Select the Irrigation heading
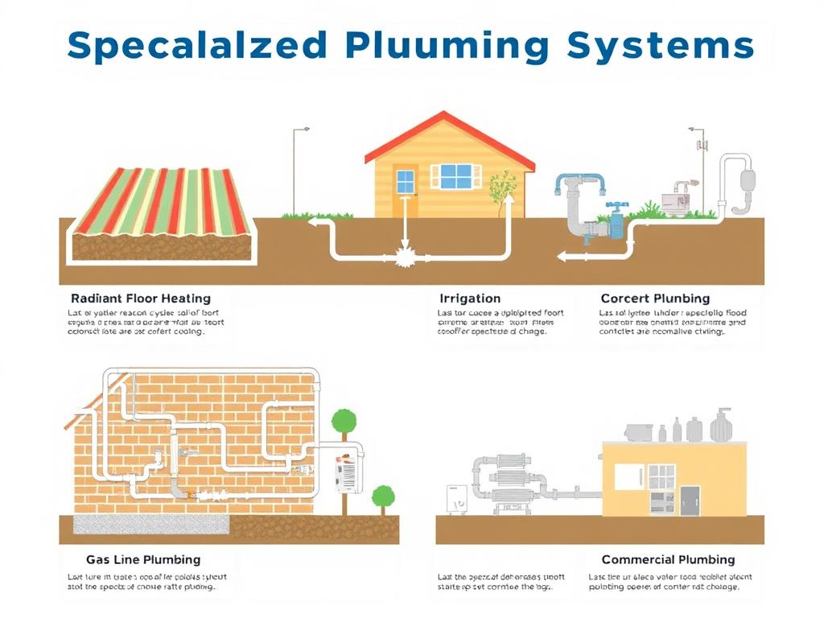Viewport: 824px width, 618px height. point(469,299)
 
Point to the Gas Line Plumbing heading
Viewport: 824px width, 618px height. point(143,559)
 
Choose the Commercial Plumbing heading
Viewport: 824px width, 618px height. point(668,559)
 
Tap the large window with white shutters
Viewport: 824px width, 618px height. point(455,176)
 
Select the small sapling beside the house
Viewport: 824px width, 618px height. point(503,189)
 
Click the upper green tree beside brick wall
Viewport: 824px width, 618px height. point(344,421)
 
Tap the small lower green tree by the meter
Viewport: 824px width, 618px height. point(383,495)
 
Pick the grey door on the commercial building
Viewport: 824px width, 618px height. point(690,500)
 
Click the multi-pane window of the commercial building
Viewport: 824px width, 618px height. point(661,476)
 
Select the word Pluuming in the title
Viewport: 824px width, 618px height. point(447,45)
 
